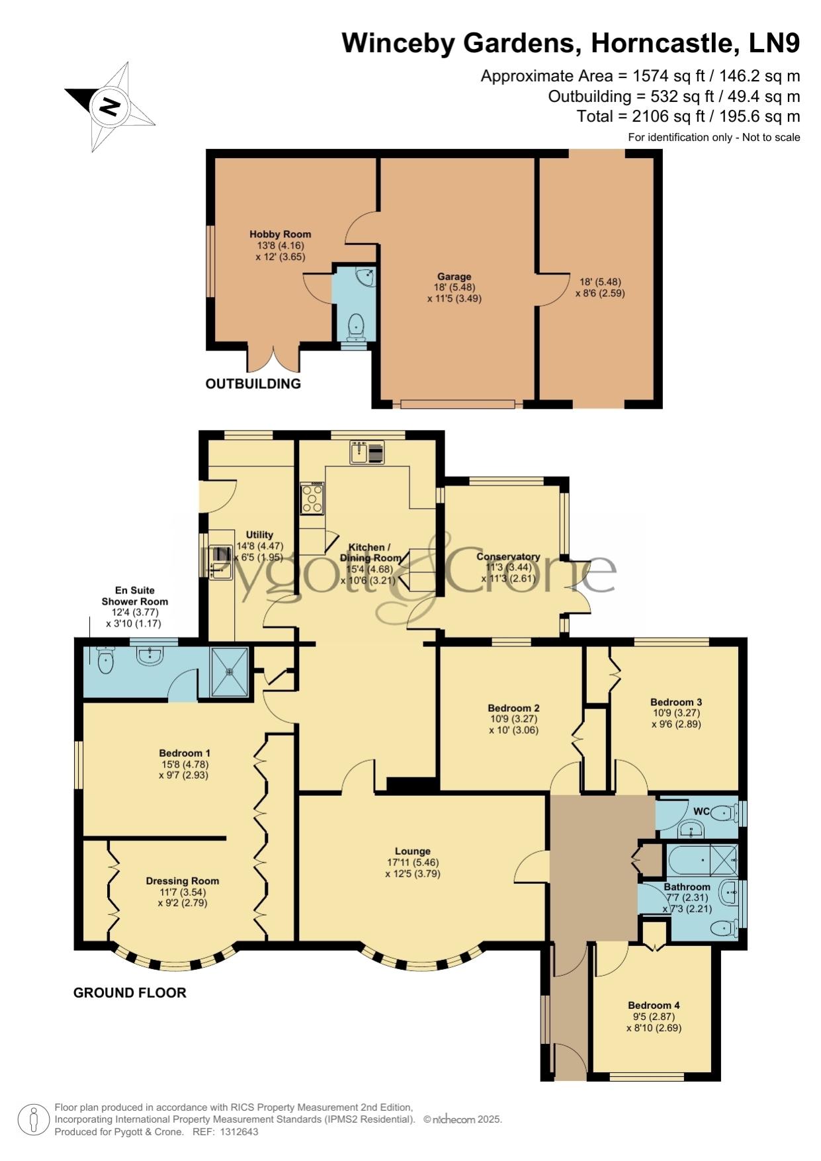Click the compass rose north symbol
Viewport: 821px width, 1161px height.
coord(110,107)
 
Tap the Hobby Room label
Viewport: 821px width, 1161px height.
coord(280,234)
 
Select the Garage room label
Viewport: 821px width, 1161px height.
coord(454,277)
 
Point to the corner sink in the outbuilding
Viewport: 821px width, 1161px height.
coord(366,277)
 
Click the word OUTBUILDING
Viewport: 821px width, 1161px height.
coord(253,384)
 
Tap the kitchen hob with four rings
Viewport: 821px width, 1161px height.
coord(312,498)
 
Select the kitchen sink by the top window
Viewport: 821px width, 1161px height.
coord(367,452)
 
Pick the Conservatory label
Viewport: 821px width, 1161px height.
coord(508,556)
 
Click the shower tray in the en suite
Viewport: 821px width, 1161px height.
coord(230,671)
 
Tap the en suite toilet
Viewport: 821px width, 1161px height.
coord(105,660)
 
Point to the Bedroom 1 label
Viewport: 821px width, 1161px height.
coord(185,753)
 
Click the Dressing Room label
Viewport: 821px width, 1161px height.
coord(183,881)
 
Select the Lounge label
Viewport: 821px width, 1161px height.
coord(413,851)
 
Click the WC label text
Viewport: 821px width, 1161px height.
coord(701,811)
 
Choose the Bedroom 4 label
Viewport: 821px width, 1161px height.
coord(654,1005)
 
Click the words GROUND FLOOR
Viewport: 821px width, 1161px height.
coord(130,992)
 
